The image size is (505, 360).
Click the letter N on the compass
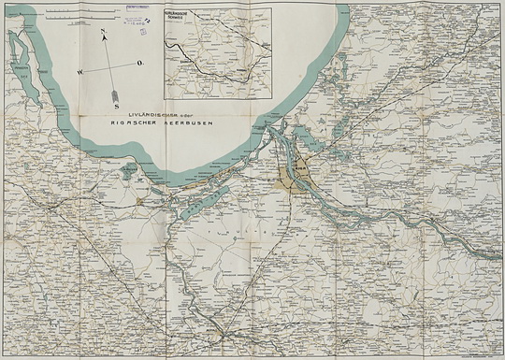103,31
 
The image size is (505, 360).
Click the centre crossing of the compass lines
110,63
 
